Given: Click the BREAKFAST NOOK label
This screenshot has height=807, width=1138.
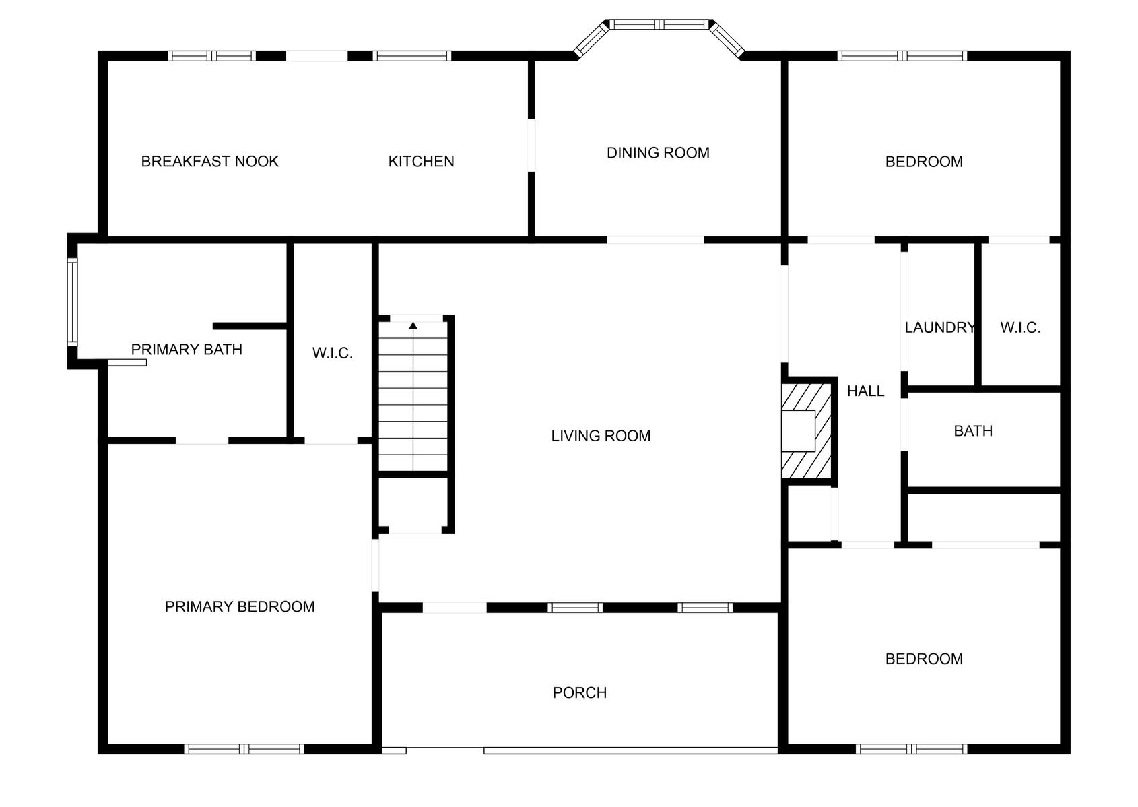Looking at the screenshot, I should [x=209, y=161].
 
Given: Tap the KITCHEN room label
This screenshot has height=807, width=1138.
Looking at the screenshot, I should [x=421, y=161].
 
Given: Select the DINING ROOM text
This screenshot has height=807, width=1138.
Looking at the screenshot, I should [x=658, y=153].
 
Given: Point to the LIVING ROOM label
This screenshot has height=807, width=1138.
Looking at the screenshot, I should [x=601, y=436].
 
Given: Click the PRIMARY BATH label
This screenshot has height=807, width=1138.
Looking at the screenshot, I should [x=187, y=349].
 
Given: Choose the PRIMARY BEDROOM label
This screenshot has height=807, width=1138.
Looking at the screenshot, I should [x=240, y=606].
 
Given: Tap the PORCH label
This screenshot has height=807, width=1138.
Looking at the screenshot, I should [x=579, y=692].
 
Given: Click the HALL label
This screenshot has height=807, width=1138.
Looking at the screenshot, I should [x=865, y=391].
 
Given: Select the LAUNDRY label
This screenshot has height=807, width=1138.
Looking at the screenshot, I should [x=939, y=327].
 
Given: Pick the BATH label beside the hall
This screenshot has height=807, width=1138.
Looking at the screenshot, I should [x=973, y=431].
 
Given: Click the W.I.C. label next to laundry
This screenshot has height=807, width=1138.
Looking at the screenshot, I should [x=1020, y=327].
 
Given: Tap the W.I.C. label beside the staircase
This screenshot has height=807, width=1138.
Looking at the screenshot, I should [x=332, y=353].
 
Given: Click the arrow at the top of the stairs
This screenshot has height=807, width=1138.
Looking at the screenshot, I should [x=413, y=326].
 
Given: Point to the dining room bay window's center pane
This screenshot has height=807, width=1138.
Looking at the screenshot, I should [x=659, y=24].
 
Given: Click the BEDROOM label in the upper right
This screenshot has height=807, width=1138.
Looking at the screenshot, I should [x=924, y=162].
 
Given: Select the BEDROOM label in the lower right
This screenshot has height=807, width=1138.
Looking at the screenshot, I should [x=924, y=659].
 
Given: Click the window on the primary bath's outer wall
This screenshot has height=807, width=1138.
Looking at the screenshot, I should [x=72, y=301].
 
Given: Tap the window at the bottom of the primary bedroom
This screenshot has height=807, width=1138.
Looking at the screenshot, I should [x=244, y=748].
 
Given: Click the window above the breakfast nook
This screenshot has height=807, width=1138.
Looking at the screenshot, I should [x=211, y=56].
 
